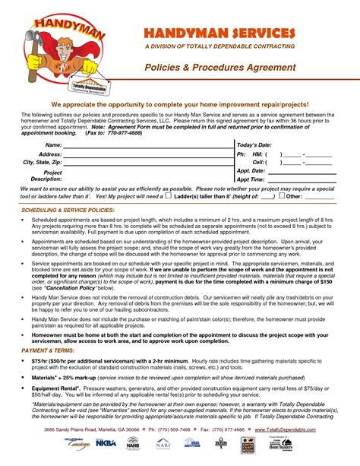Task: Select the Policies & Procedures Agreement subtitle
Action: tap(219, 68)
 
